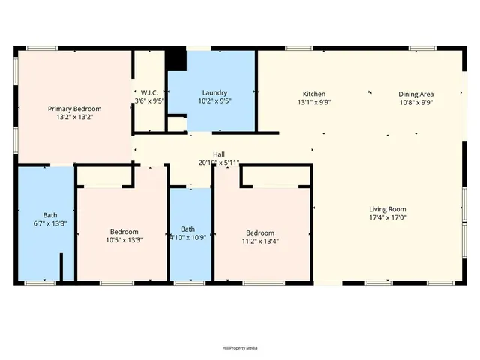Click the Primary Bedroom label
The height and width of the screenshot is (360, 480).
click(x=75, y=109)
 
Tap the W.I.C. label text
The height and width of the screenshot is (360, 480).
click(x=149, y=94)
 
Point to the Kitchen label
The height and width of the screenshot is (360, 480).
click(x=313, y=94)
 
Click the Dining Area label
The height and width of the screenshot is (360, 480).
click(x=416, y=94)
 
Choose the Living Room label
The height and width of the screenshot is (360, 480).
click(x=387, y=209)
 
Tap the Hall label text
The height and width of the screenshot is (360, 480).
click(x=219, y=154)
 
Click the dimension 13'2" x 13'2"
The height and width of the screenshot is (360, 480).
click(x=75, y=117)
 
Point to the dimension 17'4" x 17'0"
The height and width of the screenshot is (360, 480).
click(x=387, y=217)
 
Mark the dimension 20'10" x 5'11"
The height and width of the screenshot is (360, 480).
click(x=219, y=162)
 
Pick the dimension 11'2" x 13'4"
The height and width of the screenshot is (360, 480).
click(x=257, y=241)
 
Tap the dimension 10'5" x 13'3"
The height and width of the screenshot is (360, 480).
click(x=124, y=240)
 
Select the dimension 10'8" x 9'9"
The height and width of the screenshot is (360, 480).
click(x=416, y=102)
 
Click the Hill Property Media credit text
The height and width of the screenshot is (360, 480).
click(x=240, y=348)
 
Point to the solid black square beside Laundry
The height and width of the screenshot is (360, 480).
click(x=176, y=58)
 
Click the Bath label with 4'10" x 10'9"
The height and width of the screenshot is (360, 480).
click(x=187, y=229)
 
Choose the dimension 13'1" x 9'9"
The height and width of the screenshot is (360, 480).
click(x=313, y=102)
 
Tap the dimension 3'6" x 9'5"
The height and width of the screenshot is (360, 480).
click(x=149, y=101)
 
